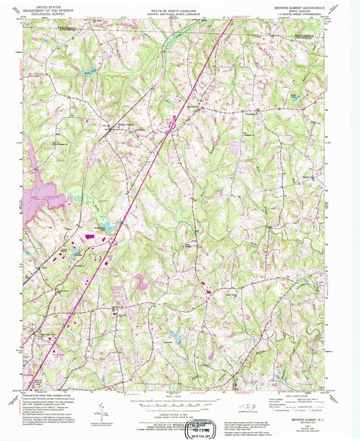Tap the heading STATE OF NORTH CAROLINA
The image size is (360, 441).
[x=181, y=5]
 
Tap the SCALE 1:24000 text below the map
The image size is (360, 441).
[x=180, y=395]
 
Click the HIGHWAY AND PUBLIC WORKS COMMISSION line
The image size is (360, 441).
[x=181, y=9]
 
